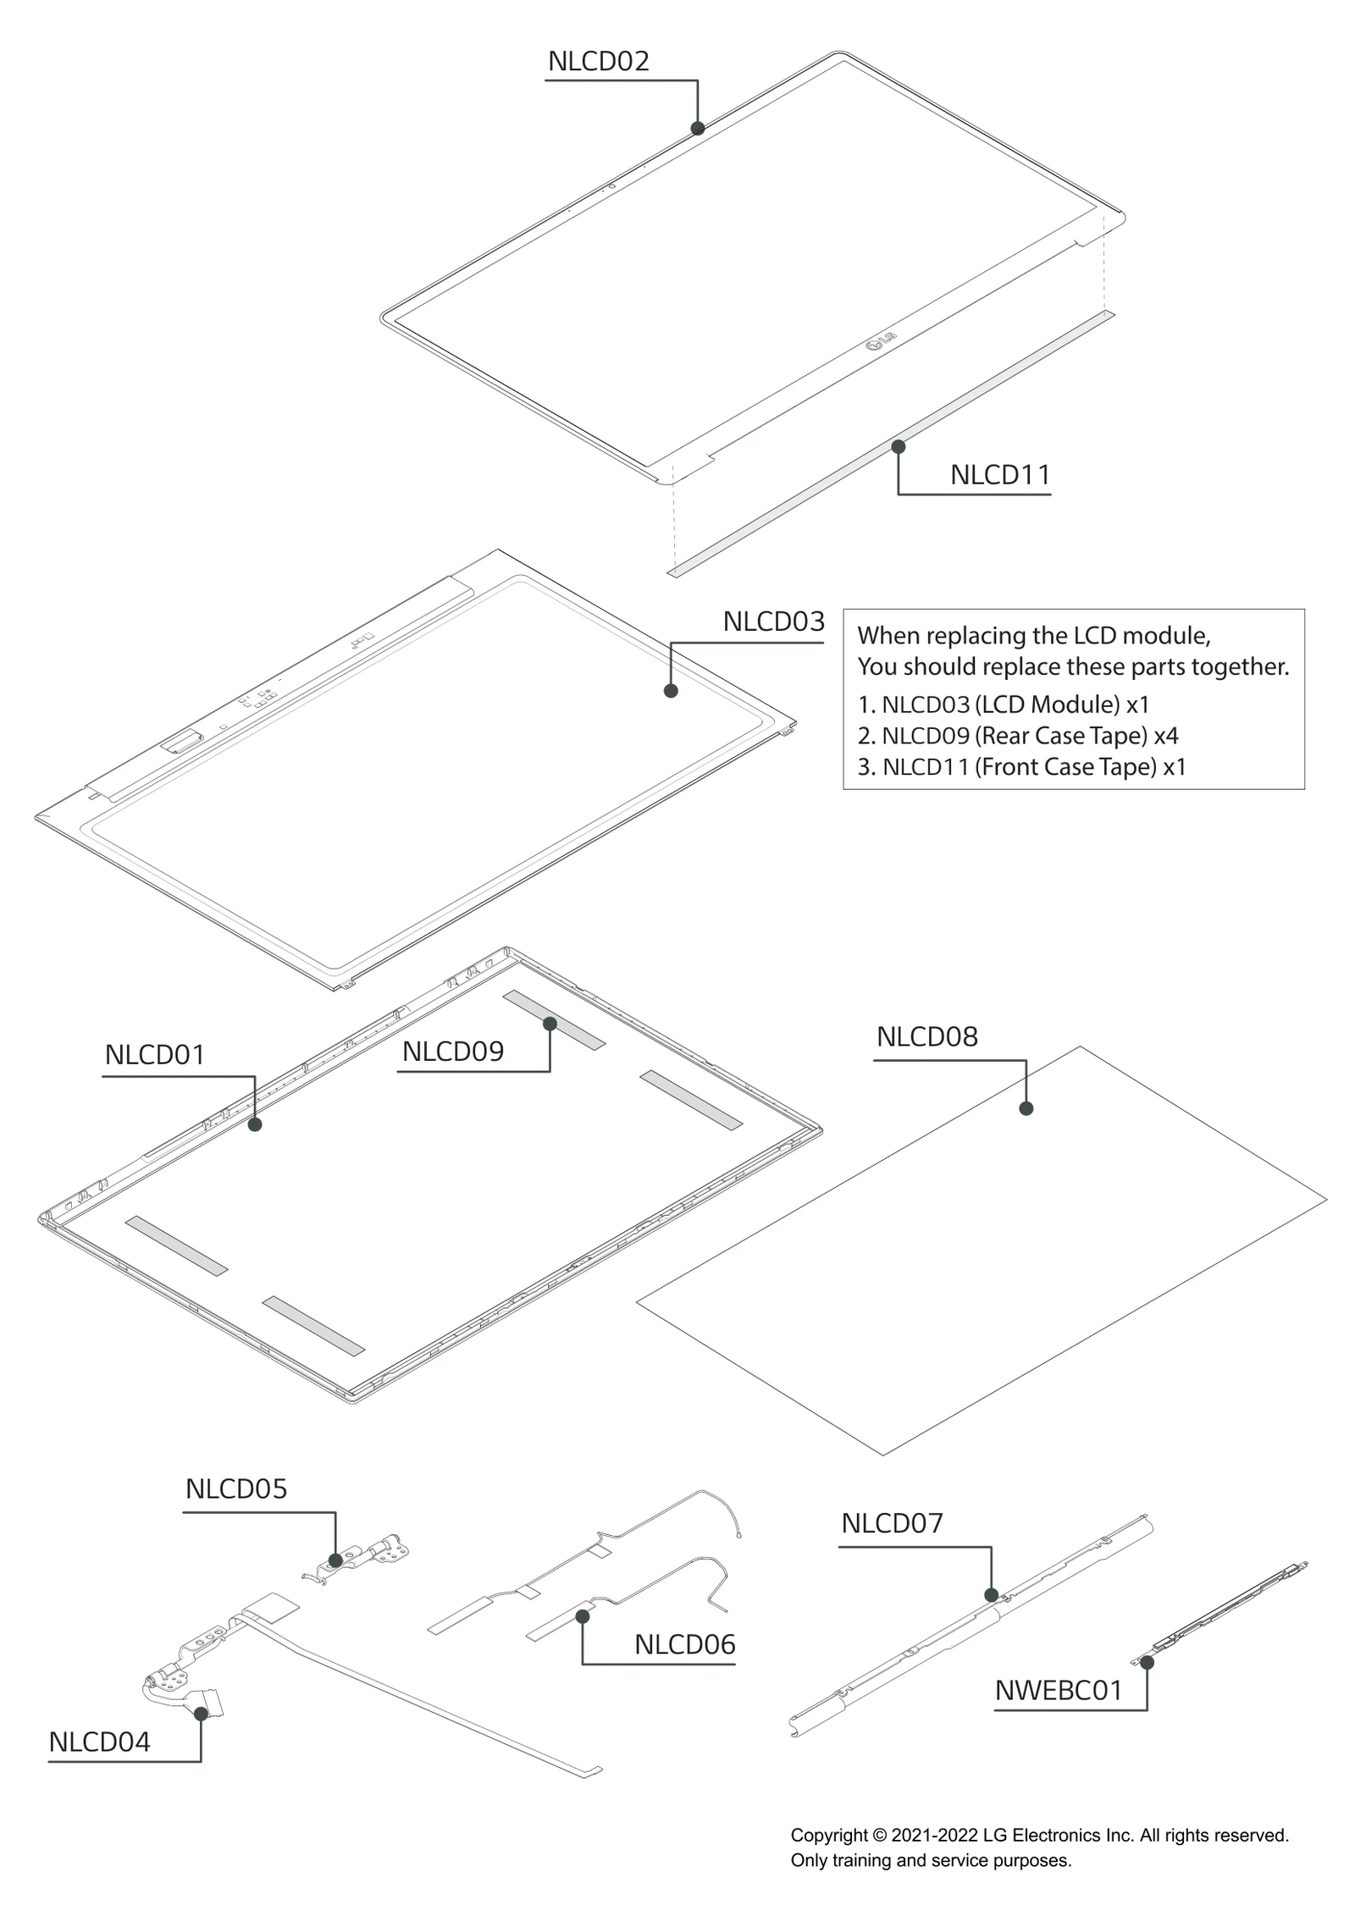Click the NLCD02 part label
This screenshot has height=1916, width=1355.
598,62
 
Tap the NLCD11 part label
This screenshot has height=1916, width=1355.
999,475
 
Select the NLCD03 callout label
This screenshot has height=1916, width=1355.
773,621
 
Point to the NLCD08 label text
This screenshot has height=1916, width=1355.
926,1036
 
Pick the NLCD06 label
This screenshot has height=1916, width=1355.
684,1644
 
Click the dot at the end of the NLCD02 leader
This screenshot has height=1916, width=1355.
698,129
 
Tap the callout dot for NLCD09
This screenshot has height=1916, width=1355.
550,1024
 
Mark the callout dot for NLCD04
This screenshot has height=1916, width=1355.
201,1714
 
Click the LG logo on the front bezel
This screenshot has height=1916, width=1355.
881,341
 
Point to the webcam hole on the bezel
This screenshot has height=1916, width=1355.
611,186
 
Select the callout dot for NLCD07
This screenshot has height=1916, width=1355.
992,1595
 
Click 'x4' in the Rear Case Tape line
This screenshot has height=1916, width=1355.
1165,736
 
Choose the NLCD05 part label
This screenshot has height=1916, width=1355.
236,1488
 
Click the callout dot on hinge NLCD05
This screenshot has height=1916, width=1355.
335,1560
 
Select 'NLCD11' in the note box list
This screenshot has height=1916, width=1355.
925,767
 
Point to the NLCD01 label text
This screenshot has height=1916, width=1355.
155,1055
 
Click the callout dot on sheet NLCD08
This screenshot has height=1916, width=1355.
1026,1108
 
